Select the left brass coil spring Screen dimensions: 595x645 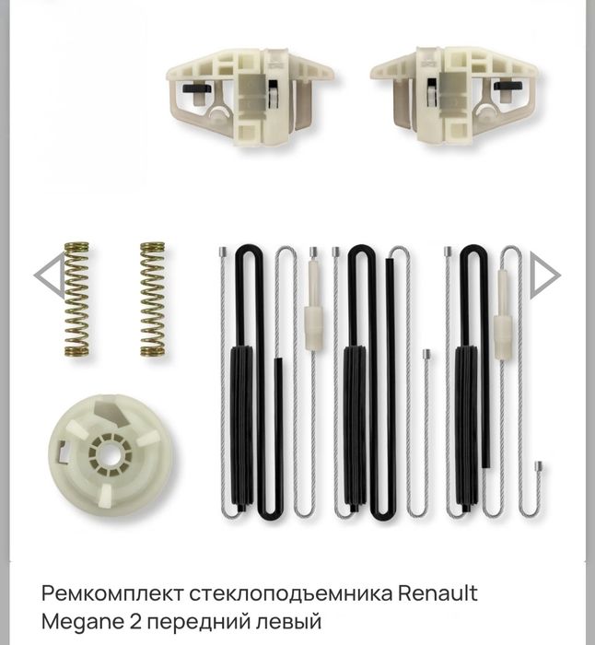[x=76, y=299]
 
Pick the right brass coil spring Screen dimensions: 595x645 [x=153, y=299]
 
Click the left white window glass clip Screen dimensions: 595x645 [x=250, y=96]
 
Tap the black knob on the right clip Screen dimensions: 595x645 [x=508, y=86]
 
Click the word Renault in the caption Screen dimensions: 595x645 [x=437, y=593]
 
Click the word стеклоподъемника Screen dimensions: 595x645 [x=291, y=594]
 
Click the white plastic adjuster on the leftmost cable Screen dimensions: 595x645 [x=313, y=305]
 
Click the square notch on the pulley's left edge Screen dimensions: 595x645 [x=62, y=451]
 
